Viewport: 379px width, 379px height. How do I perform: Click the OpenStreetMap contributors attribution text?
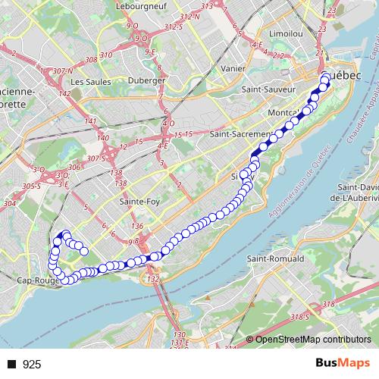pos(312,339)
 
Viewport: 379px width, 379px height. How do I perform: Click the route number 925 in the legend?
pos(33,364)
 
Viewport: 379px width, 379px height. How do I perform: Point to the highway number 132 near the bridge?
pos(154,279)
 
